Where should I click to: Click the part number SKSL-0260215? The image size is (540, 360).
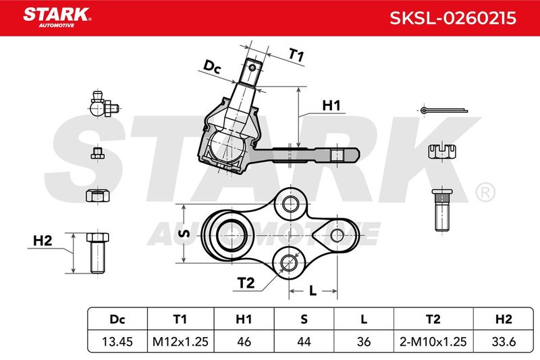click(452, 18)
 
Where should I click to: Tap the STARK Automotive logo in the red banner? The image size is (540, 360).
click(57, 18)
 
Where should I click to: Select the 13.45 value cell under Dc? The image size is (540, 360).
click(117, 341)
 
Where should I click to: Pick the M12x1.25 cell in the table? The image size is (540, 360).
click(180, 341)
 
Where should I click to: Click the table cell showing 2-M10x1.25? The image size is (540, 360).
click(433, 341)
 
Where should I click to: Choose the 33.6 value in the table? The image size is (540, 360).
click(504, 341)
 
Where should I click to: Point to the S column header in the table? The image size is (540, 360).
click(304, 319)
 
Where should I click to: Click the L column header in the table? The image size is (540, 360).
click(364, 319)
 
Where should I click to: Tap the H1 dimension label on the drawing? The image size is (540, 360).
click(331, 105)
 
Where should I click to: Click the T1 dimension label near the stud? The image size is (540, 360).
click(296, 55)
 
